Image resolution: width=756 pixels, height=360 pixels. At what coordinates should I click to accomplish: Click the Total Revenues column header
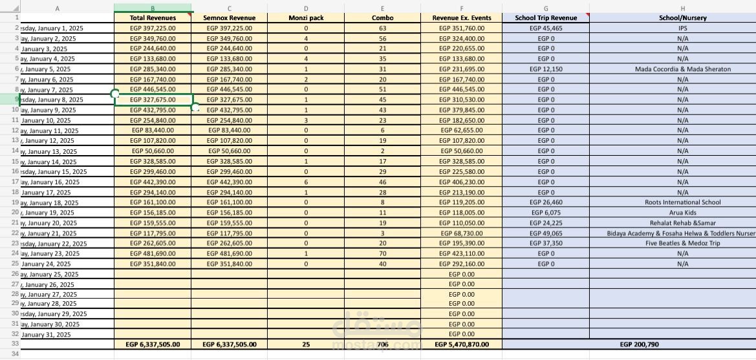tap(153, 18)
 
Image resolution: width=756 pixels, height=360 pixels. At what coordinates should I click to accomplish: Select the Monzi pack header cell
tap(306, 18)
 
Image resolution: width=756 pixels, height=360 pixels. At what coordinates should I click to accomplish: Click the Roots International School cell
tap(682, 202)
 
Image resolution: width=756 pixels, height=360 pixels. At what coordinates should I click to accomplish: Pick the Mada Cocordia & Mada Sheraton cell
tap(682, 69)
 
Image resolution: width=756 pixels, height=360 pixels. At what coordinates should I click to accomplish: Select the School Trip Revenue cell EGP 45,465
tap(546, 28)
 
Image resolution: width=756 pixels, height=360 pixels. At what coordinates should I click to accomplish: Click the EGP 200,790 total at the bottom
tap(639, 344)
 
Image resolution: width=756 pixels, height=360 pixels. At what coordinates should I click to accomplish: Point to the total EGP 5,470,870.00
tap(462, 344)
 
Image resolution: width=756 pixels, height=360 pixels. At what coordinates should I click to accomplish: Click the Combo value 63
tap(382, 28)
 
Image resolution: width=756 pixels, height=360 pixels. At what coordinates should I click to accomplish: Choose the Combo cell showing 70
tap(382, 253)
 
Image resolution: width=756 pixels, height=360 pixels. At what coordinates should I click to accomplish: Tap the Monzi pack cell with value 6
tap(306, 182)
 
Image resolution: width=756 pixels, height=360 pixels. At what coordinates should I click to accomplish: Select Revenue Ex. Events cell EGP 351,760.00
tap(462, 28)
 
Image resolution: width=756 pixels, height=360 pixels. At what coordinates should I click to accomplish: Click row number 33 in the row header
tap(15, 344)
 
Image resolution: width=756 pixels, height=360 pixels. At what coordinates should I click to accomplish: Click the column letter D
tap(306, 8)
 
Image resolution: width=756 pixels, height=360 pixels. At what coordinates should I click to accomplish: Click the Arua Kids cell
tap(682, 213)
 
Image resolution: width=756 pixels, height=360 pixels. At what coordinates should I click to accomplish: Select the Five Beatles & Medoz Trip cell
tap(682, 243)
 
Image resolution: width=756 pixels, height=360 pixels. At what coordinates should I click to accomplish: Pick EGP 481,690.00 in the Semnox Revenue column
tap(229, 253)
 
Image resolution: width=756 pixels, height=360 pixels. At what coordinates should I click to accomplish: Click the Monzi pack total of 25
tap(306, 344)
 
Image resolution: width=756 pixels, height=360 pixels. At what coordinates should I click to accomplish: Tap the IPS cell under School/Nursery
tap(682, 28)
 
